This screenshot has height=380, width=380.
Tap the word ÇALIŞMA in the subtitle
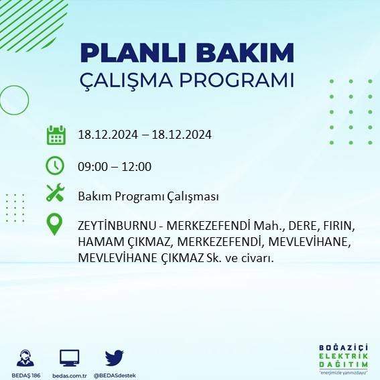click(x=127, y=80)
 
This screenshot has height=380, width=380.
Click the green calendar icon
click(x=56, y=135)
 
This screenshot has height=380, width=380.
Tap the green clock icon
click(x=55, y=165)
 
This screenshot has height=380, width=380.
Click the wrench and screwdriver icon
click(x=55, y=194)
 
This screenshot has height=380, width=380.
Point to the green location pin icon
click(x=55, y=224)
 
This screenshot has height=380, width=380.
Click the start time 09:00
click(x=93, y=167)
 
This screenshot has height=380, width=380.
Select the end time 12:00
click(x=136, y=167)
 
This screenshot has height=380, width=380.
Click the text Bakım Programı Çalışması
click(x=148, y=196)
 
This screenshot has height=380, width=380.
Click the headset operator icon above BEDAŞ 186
click(x=26, y=357)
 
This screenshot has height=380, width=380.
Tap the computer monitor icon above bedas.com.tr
click(x=70, y=357)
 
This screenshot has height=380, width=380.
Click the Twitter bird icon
click(x=115, y=357)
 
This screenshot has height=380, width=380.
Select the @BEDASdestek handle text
click(x=115, y=375)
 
